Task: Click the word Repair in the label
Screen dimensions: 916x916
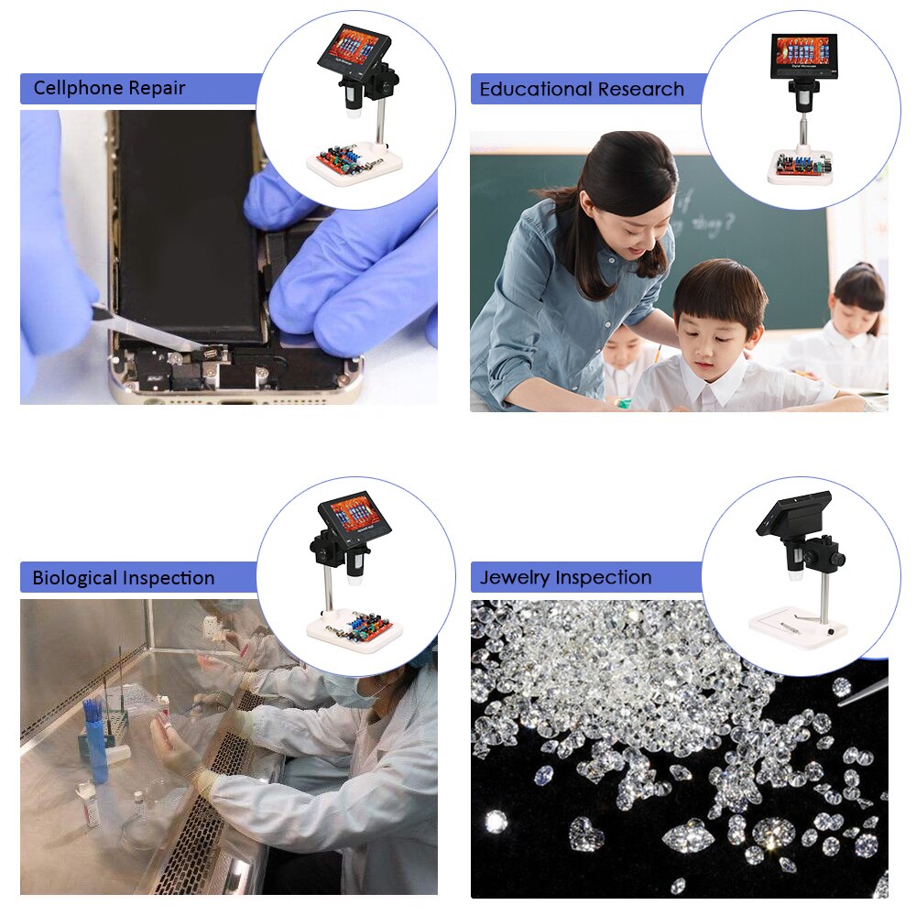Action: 157,89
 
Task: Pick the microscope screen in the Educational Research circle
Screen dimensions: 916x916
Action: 802,50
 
